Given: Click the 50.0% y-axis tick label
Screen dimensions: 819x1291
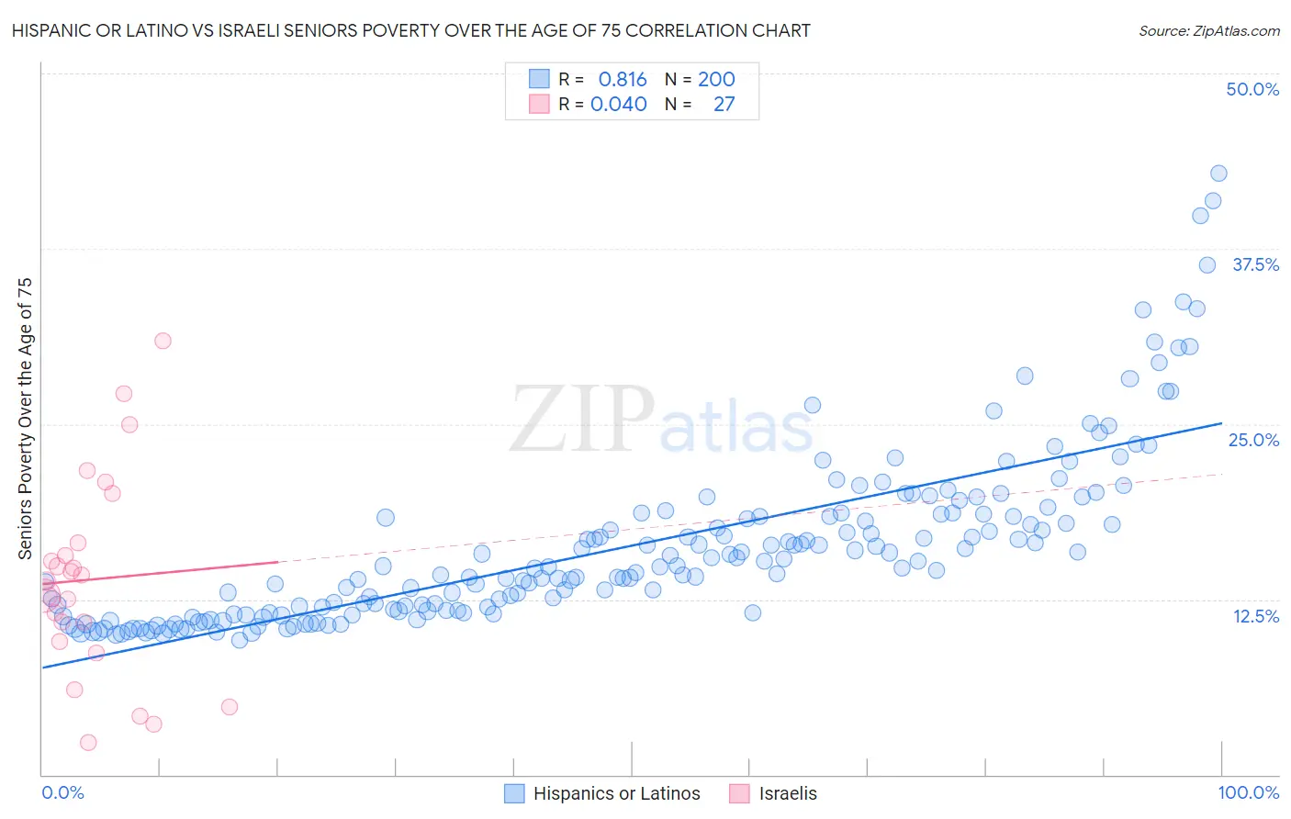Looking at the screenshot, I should pyautogui.click(x=1252, y=89).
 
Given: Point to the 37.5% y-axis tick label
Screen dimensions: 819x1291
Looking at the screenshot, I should pyautogui.click(x=1255, y=264).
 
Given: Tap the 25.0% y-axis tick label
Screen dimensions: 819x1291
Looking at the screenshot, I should pyautogui.click(x=1253, y=440).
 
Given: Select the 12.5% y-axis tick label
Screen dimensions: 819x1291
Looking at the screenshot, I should pyautogui.click(x=1255, y=616).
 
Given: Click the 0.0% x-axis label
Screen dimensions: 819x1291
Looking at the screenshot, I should pyautogui.click(x=62, y=792).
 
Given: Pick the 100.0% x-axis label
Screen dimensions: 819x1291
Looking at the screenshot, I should pyautogui.click(x=1248, y=792).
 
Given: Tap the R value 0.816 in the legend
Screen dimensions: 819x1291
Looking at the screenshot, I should pyautogui.click(x=623, y=79).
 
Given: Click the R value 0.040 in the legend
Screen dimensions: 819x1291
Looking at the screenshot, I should pyautogui.click(x=618, y=104).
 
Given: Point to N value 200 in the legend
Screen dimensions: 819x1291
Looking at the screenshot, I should pyautogui.click(x=716, y=79).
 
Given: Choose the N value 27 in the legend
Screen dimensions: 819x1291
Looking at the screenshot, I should pyautogui.click(x=724, y=104).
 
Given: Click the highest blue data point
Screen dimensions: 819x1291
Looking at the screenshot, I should pyautogui.click(x=1218, y=174).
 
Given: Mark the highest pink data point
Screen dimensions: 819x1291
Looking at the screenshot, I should pyautogui.click(x=163, y=341).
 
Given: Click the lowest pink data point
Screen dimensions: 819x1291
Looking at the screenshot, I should pyautogui.click(x=88, y=742).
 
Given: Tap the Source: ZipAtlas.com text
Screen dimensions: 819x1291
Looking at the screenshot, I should pyautogui.click(x=1208, y=30).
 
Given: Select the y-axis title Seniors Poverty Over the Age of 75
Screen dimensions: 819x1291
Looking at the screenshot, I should pyautogui.click(x=26, y=419).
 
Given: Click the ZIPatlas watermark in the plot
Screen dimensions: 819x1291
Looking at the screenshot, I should pyautogui.click(x=661, y=421).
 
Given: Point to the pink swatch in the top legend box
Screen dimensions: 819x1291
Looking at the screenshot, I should pyautogui.click(x=539, y=104).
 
